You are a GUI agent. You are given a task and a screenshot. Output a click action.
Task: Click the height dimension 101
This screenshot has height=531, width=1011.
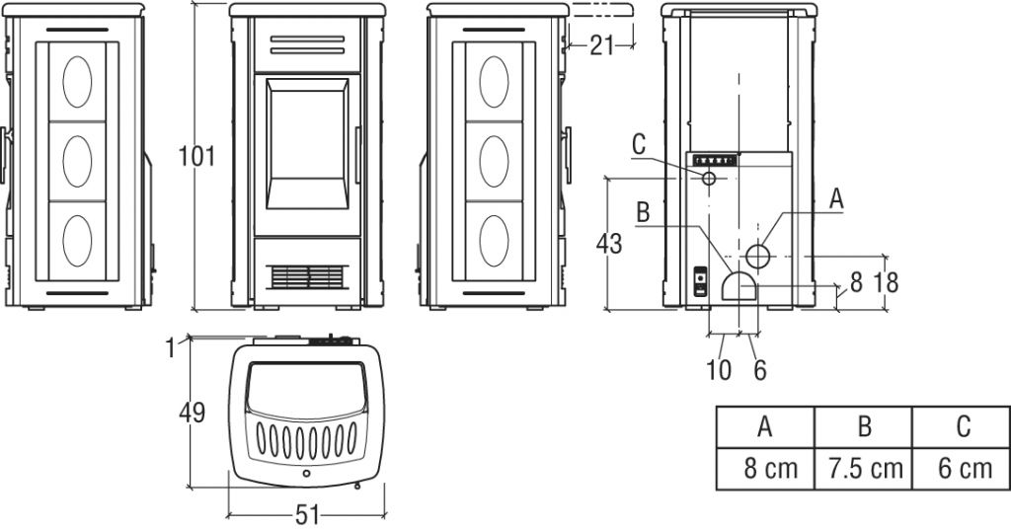(x=197, y=156)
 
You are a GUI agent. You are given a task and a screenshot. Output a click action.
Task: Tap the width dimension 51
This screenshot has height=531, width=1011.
(x=306, y=516)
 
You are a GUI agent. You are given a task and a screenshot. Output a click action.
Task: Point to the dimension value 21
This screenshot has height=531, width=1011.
(x=602, y=44)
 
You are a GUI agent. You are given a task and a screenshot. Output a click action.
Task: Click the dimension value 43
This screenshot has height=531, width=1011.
(x=609, y=243)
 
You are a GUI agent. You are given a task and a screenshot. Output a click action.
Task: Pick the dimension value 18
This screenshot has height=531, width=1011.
(x=886, y=283)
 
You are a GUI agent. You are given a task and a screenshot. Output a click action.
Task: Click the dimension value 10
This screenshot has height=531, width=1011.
(x=719, y=370)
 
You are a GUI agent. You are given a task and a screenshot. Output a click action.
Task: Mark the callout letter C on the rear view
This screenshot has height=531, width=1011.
(x=639, y=144)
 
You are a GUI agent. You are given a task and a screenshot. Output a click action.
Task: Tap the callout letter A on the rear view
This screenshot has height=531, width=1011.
(x=836, y=197)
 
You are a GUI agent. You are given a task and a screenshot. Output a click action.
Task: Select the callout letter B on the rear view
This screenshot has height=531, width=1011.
(x=642, y=211)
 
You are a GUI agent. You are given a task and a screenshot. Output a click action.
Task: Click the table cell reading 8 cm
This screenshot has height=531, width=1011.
(x=765, y=467)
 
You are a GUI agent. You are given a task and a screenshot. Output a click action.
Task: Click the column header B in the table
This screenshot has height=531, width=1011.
(x=864, y=426)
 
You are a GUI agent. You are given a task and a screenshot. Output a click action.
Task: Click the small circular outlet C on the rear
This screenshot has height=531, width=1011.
(x=710, y=179)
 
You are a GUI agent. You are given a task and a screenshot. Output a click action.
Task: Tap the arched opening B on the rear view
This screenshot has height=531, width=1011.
(x=739, y=285)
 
